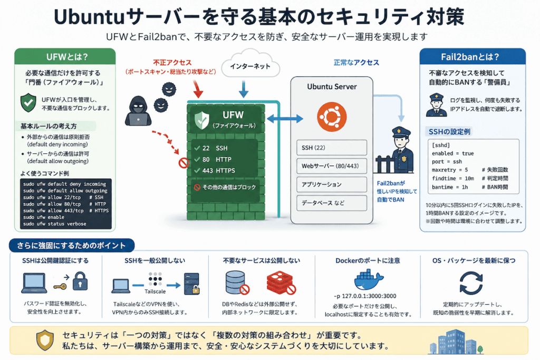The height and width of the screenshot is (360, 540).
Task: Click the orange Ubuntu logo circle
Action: coord(332,117)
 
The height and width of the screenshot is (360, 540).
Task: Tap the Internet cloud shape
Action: coord(250,64)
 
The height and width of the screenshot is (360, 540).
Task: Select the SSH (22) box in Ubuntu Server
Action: coord(332,148)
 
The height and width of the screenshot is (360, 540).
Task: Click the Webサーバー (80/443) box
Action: coord(332,166)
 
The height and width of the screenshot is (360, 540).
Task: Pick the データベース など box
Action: coord(332,203)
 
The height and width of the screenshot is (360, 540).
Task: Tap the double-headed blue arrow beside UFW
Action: coord(285,119)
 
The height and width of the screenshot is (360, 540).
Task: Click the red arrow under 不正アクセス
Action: coord(197,89)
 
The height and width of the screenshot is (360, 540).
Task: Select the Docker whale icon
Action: coord(369,279)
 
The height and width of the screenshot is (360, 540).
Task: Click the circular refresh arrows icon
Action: coord(471,283)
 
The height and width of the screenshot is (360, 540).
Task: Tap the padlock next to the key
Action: coord(80,281)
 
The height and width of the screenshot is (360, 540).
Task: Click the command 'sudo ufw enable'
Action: coord(44,217)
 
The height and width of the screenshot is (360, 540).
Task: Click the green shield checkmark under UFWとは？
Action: coord(28,103)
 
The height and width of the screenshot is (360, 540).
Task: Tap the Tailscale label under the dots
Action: coord(155,291)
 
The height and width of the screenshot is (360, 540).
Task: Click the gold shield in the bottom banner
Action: coord(45,340)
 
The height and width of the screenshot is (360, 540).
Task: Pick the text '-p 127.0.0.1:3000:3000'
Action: coord(365,296)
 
